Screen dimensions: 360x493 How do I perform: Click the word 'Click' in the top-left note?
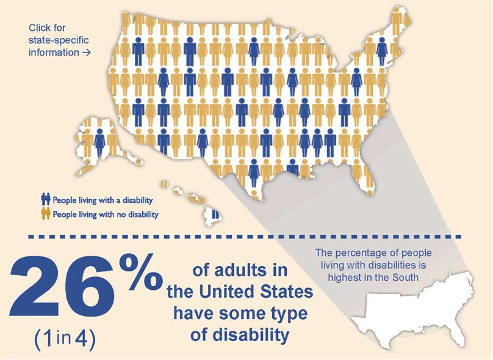click(40, 27)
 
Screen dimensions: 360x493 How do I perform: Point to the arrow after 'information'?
click(85, 52)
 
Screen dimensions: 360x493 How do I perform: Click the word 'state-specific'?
click(58, 40)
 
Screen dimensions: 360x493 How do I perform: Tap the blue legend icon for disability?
click(45, 200)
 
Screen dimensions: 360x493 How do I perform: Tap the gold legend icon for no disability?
click(45, 214)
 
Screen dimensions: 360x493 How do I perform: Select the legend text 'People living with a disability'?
click(103, 200)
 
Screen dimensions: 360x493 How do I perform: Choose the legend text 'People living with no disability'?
click(106, 214)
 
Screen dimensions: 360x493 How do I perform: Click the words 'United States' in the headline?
click(257, 292)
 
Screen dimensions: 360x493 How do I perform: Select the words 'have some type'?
click(240, 314)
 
